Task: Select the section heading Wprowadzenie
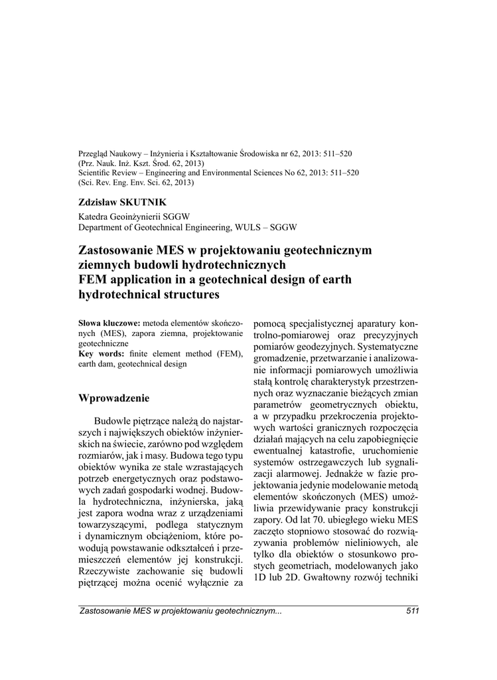pyautogui.click(x=113, y=398)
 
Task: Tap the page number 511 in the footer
pyautogui.click(x=411, y=612)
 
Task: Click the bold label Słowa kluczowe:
pyautogui.click(x=109, y=322)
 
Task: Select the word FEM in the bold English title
pyautogui.click(x=92, y=280)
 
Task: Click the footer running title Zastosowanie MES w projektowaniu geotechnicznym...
pyautogui.click(x=180, y=612)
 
